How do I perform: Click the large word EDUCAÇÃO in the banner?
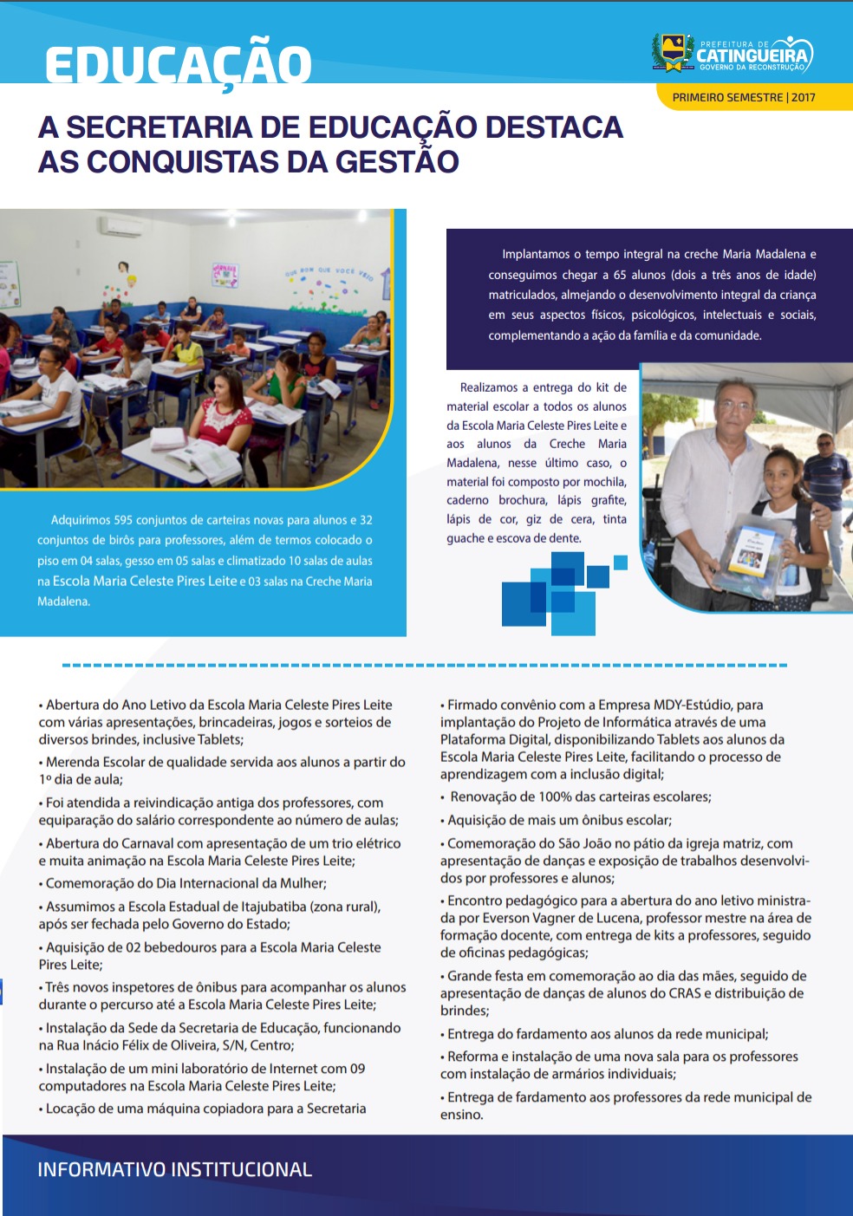click(178, 65)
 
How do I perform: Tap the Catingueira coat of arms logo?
click(672, 53)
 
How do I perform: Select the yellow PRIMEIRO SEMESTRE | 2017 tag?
click(744, 97)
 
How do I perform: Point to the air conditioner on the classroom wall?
click(122, 227)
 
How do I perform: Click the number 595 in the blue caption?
click(123, 520)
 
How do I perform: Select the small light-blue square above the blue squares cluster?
click(620, 562)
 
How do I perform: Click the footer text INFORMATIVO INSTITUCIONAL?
click(174, 1169)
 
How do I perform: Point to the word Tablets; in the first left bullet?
click(220, 739)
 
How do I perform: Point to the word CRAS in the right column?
click(685, 993)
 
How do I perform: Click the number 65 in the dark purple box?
click(620, 275)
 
